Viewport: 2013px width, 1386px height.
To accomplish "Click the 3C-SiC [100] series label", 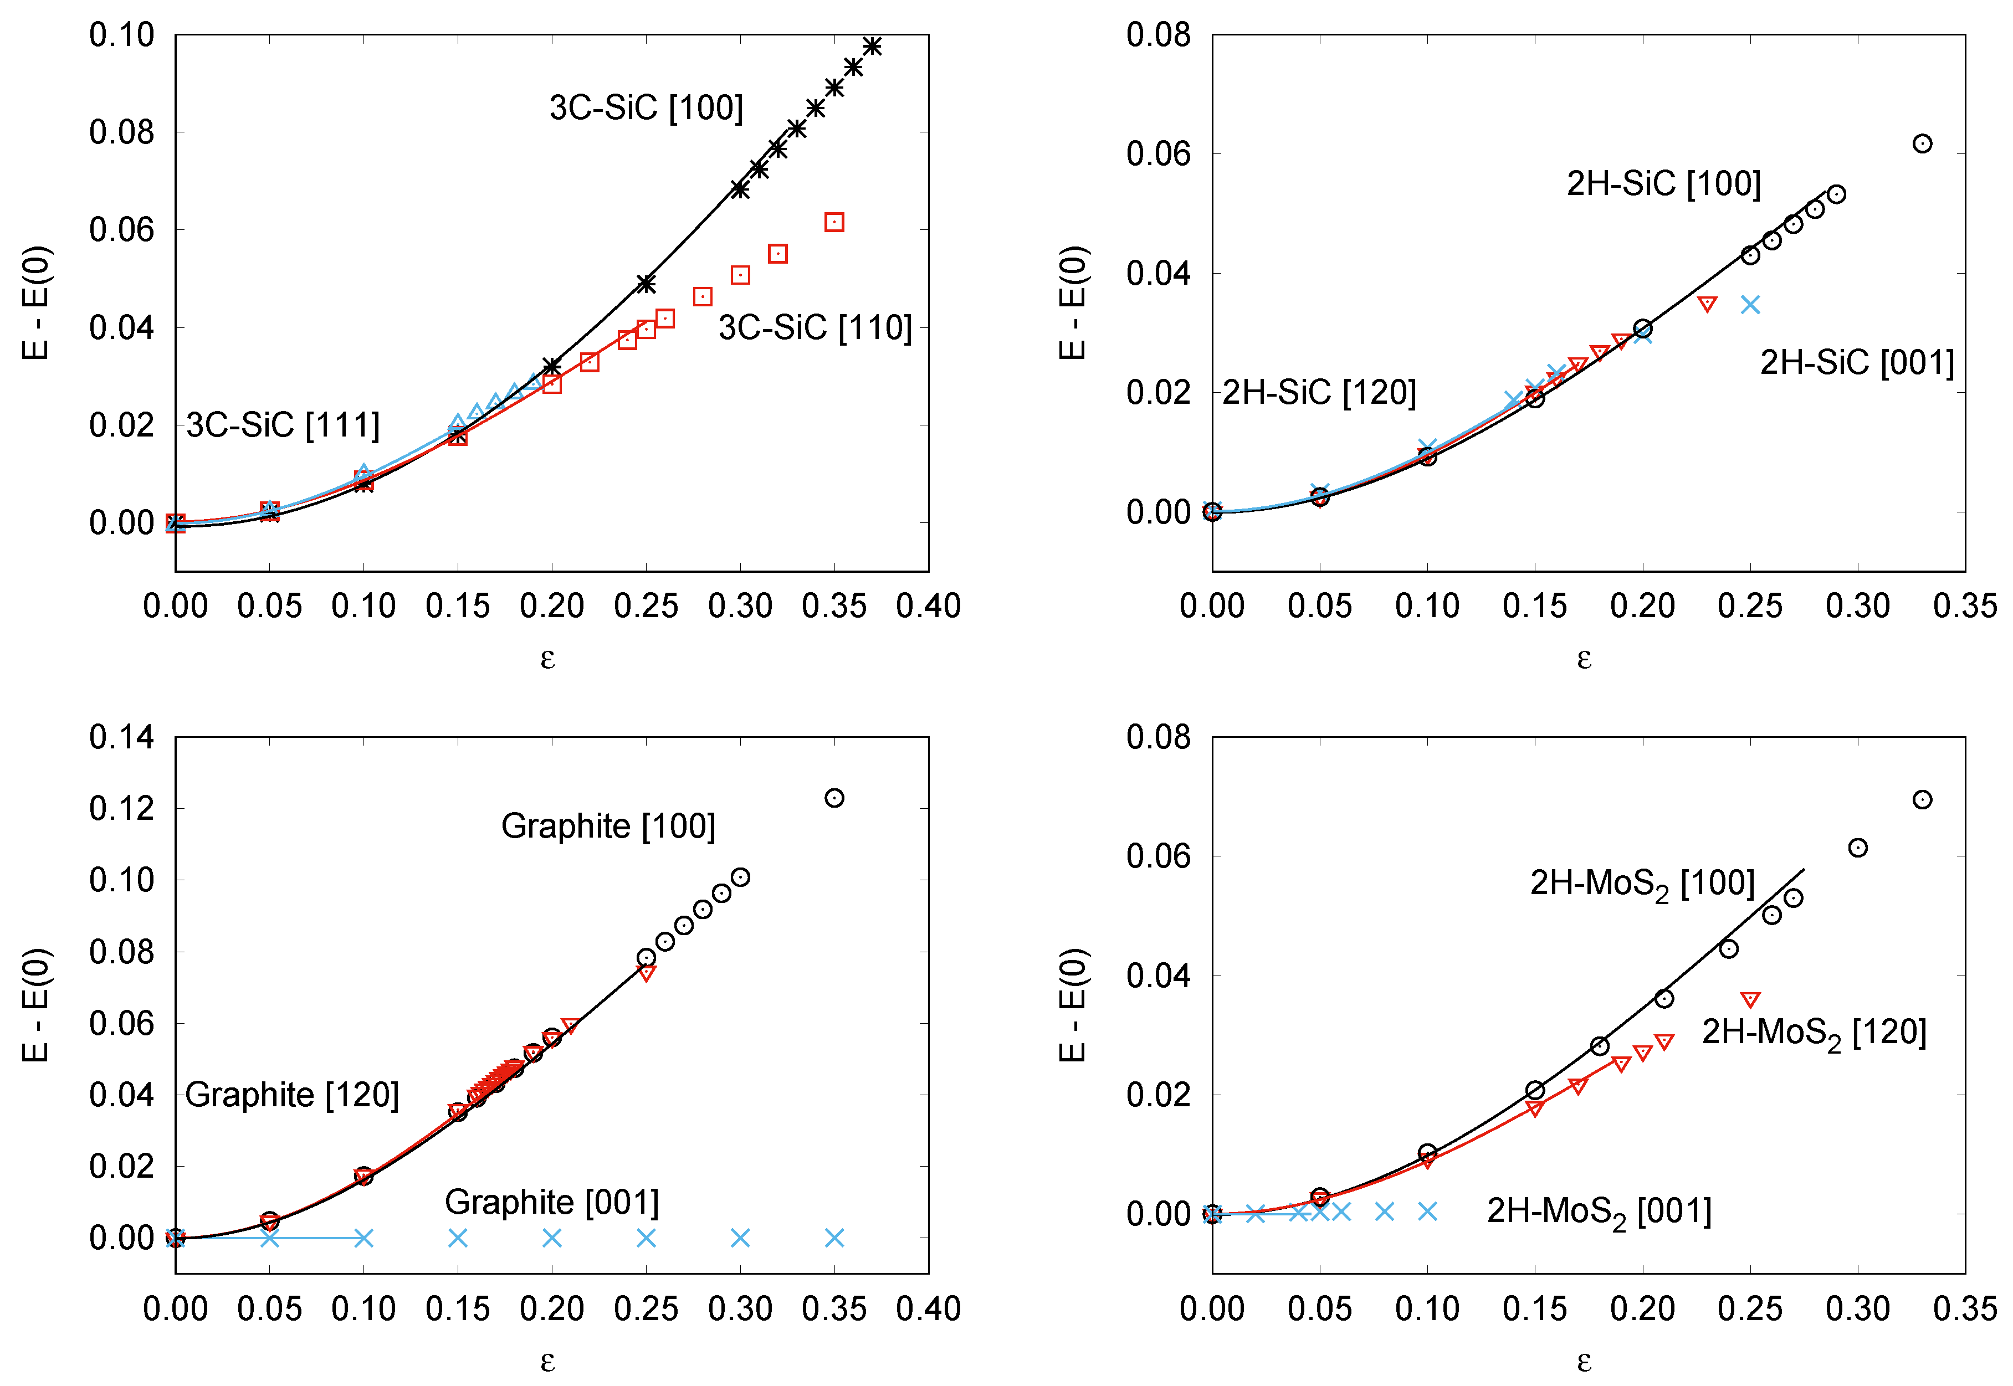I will [646, 107].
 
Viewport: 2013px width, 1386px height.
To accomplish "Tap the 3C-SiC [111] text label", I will [283, 425].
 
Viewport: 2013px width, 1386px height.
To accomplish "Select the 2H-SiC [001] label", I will [1857, 362].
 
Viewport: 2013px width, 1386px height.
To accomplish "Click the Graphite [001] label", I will [551, 1203].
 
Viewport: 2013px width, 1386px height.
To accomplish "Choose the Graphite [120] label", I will [292, 1095].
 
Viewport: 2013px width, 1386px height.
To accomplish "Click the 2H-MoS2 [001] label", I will [1599, 1212].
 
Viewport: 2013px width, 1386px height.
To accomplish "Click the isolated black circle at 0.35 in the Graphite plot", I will [834, 798].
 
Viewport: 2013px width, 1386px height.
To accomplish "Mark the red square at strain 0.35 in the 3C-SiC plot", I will [834, 222].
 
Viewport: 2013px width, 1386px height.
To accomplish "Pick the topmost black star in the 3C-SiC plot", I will [872, 46].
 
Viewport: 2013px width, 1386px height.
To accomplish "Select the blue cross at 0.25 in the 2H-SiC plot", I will [1750, 305].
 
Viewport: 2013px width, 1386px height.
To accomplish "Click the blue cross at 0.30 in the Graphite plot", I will [740, 1238].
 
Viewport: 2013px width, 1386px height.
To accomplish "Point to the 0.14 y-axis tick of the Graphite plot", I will [121, 737].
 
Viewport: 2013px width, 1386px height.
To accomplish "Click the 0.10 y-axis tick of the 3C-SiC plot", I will [121, 35].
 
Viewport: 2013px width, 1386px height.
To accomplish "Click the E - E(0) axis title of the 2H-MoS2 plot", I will [1073, 1005].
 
